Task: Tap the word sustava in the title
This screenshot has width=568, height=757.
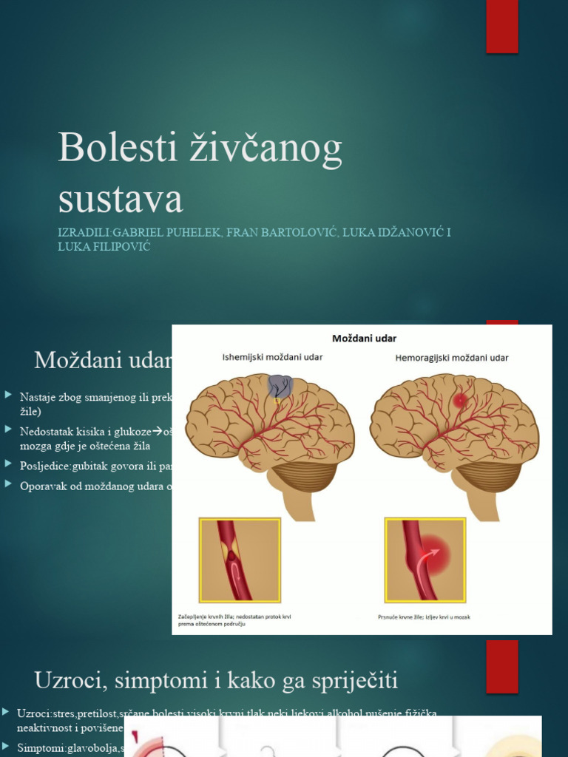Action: pos(120,200)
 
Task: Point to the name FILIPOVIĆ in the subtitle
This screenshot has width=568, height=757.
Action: pos(119,247)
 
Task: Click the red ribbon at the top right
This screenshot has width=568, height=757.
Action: pos(501,26)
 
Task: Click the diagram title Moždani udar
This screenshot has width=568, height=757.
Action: pos(364,339)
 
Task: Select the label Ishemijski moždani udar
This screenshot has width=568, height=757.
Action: pos(273,358)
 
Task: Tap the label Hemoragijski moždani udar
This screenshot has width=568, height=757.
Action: pos(452,358)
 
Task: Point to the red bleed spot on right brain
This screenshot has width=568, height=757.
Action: pos(460,401)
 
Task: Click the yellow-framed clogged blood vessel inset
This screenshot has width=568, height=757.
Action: pos(240,560)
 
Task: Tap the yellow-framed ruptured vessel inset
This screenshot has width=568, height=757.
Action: pos(425,560)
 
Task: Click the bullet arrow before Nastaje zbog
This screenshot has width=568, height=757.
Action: pos(7,396)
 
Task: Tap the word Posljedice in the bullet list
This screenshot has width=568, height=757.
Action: pos(45,465)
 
